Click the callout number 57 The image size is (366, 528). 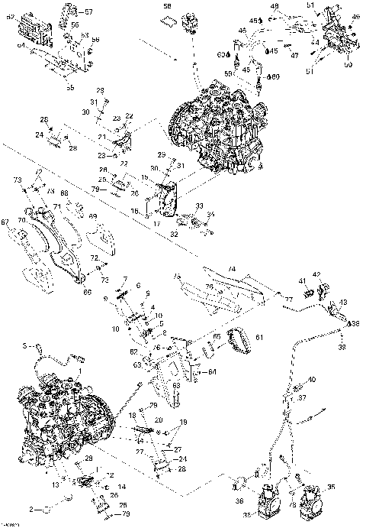tap(88, 12)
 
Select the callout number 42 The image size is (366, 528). tap(317, 274)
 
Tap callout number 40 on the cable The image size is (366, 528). tap(311, 380)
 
